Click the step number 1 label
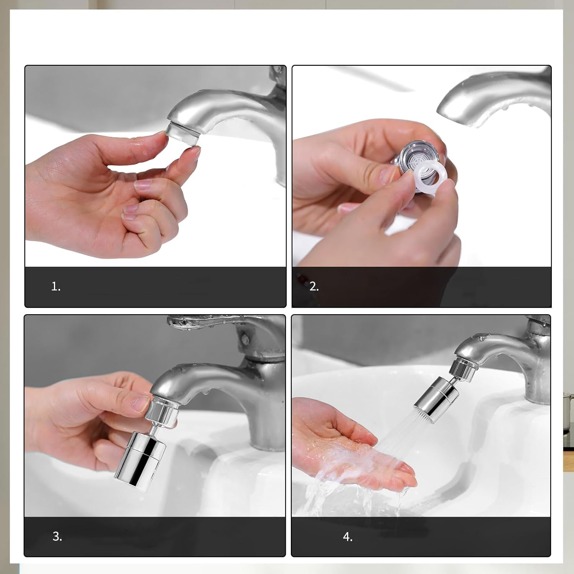coord(56,286)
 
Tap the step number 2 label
coord(314,286)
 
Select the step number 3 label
coord(57,536)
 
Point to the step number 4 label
coord(347,537)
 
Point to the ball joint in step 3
coord(156,426)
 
